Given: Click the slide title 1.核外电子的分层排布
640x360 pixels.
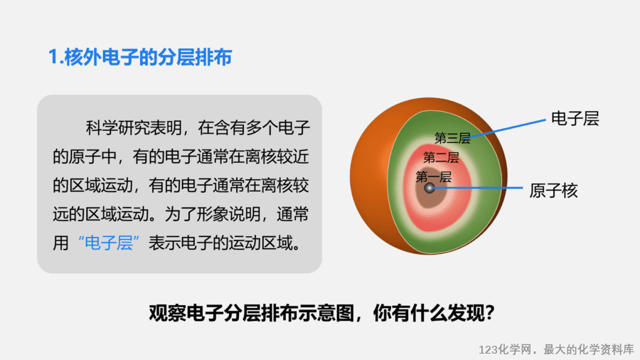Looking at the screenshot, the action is pyautogui.click(x=140, y=57).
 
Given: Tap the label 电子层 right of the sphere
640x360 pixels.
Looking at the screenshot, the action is pyautogui.click(x=575, y=119).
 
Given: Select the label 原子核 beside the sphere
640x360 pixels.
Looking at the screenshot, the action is pyautogui.click(x=553, y=191).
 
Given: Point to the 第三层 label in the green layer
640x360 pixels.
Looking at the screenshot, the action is pyautogui.click(x=452, y=138).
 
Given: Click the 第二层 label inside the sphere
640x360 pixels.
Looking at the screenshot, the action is pyautogui.click(x=441, y=157).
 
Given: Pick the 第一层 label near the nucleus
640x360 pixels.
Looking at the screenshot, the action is pyautogui.click(x=434, y=176).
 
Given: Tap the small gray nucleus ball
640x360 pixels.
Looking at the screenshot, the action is pyautogui.click(x=430, y=188).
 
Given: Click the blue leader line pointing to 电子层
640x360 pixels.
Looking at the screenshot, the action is pyautogui.click(x=507, y=129).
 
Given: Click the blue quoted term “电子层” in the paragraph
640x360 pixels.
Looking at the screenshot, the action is pyautogui.click(x=109, y=243).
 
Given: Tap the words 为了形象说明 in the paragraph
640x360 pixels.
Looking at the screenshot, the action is pyautogui.click(x=213, y=214).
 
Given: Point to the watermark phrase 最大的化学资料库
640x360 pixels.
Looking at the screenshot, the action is pyautogui.click(x=589, y=350).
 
